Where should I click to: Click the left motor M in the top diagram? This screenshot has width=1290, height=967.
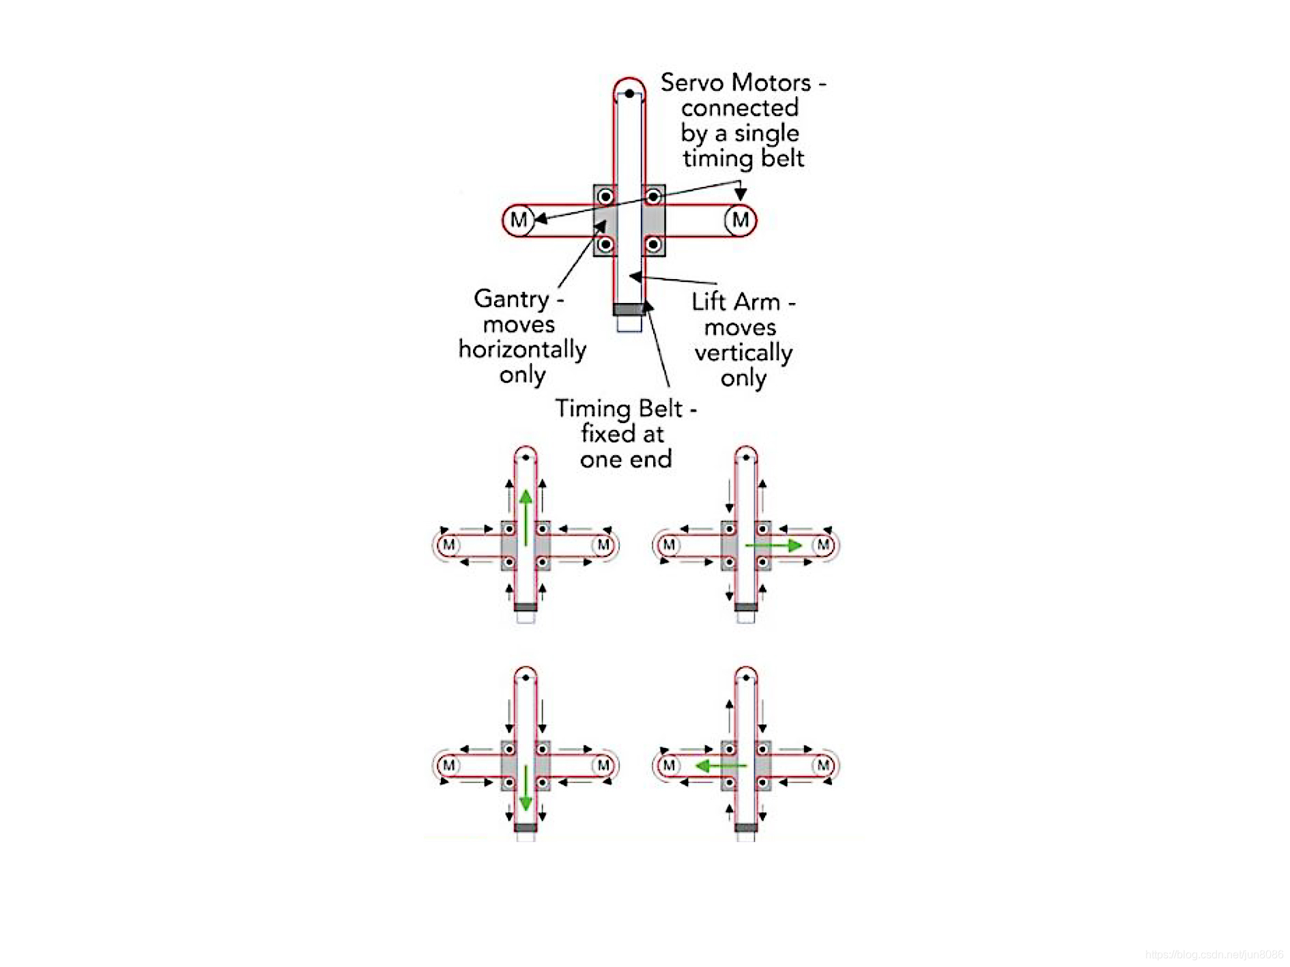518,220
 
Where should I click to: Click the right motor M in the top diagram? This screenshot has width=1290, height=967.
740,220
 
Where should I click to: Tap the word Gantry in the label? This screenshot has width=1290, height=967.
511,299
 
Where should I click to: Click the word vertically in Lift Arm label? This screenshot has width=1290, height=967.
743,353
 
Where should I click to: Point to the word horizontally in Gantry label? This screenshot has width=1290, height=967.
522,349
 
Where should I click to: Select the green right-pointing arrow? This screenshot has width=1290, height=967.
774,545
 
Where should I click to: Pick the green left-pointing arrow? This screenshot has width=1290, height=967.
720,766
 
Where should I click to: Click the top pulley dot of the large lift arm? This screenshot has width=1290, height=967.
629,93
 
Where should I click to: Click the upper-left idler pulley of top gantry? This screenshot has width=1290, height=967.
605,197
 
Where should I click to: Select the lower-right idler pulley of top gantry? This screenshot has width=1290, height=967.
653,244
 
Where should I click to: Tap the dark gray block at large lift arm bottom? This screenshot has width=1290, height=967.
629,309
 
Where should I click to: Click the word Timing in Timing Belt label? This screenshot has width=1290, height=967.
592,409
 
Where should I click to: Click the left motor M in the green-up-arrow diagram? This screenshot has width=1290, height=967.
448,545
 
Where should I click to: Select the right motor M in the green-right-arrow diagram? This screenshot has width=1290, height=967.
823,545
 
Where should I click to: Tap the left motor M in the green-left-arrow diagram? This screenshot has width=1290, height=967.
669,765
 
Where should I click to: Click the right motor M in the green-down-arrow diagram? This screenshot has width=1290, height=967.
603,765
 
